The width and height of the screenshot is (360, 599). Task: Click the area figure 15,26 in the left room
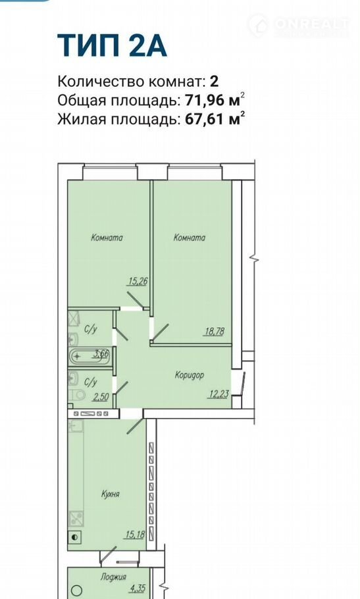(138, 282)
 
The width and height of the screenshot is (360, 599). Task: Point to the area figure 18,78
(214, 332)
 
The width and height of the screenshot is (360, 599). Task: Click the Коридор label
(190, 375)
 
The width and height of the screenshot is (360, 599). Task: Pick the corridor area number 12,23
(219, 394)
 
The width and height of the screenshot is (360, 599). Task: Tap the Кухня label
(111, 494)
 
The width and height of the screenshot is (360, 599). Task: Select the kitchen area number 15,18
(134, 534)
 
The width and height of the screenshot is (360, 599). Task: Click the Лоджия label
(113, 577)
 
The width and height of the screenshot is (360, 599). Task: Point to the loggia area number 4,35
(138, 588)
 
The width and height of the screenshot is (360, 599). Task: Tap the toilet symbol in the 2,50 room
(78, 395)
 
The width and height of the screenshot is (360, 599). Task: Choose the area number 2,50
(101, 396)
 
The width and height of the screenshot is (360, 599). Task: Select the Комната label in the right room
(190, 238)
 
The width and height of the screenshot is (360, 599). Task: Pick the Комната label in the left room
(107, 238)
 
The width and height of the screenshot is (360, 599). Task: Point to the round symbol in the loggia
(77, 590)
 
